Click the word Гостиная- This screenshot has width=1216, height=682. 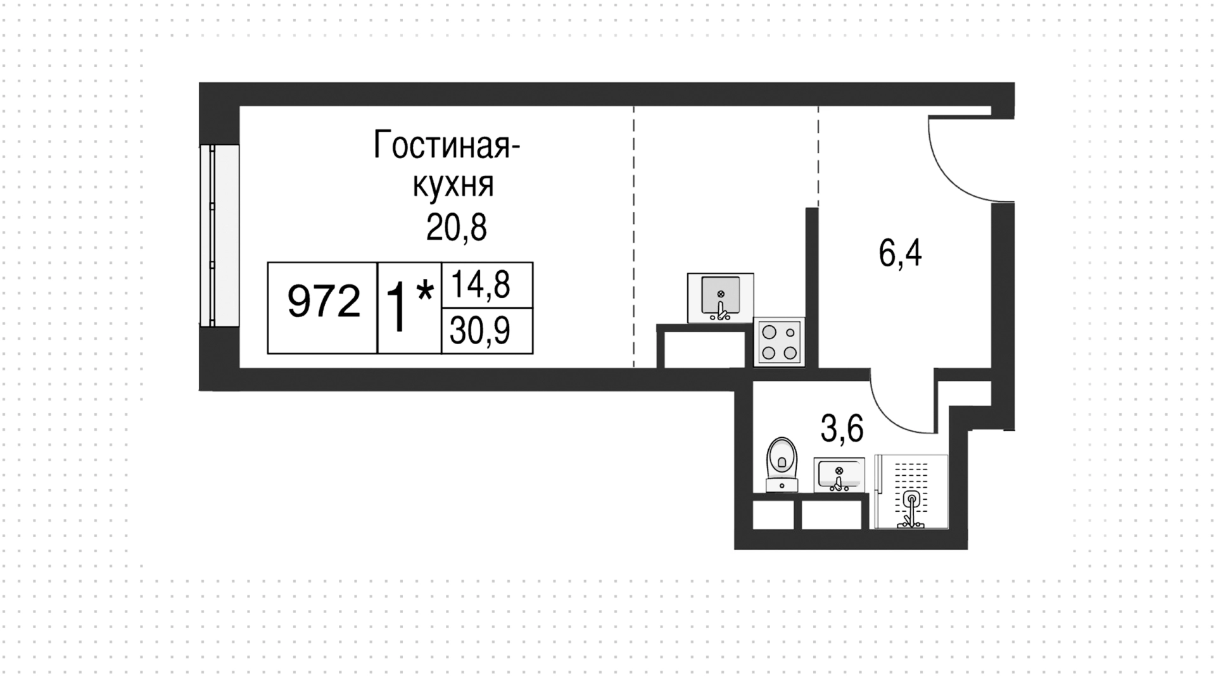tap(446, 145)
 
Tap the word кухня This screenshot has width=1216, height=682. tap(453, 186)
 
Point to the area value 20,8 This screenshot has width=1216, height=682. tap(456, 228)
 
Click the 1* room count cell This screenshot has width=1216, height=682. tap(409, 308)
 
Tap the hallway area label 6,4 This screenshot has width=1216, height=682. tap(900, 254)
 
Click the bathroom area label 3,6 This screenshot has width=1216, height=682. tap(842, 429)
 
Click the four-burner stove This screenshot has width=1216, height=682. tap(779, 342)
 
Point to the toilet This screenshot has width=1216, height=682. tap(782, 464)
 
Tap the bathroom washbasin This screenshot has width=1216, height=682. tap(839, 475)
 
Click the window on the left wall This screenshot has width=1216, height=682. tap(219, 235)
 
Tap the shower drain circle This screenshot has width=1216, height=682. tap(911, 499)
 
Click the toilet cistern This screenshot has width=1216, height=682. tap(782, 485)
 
